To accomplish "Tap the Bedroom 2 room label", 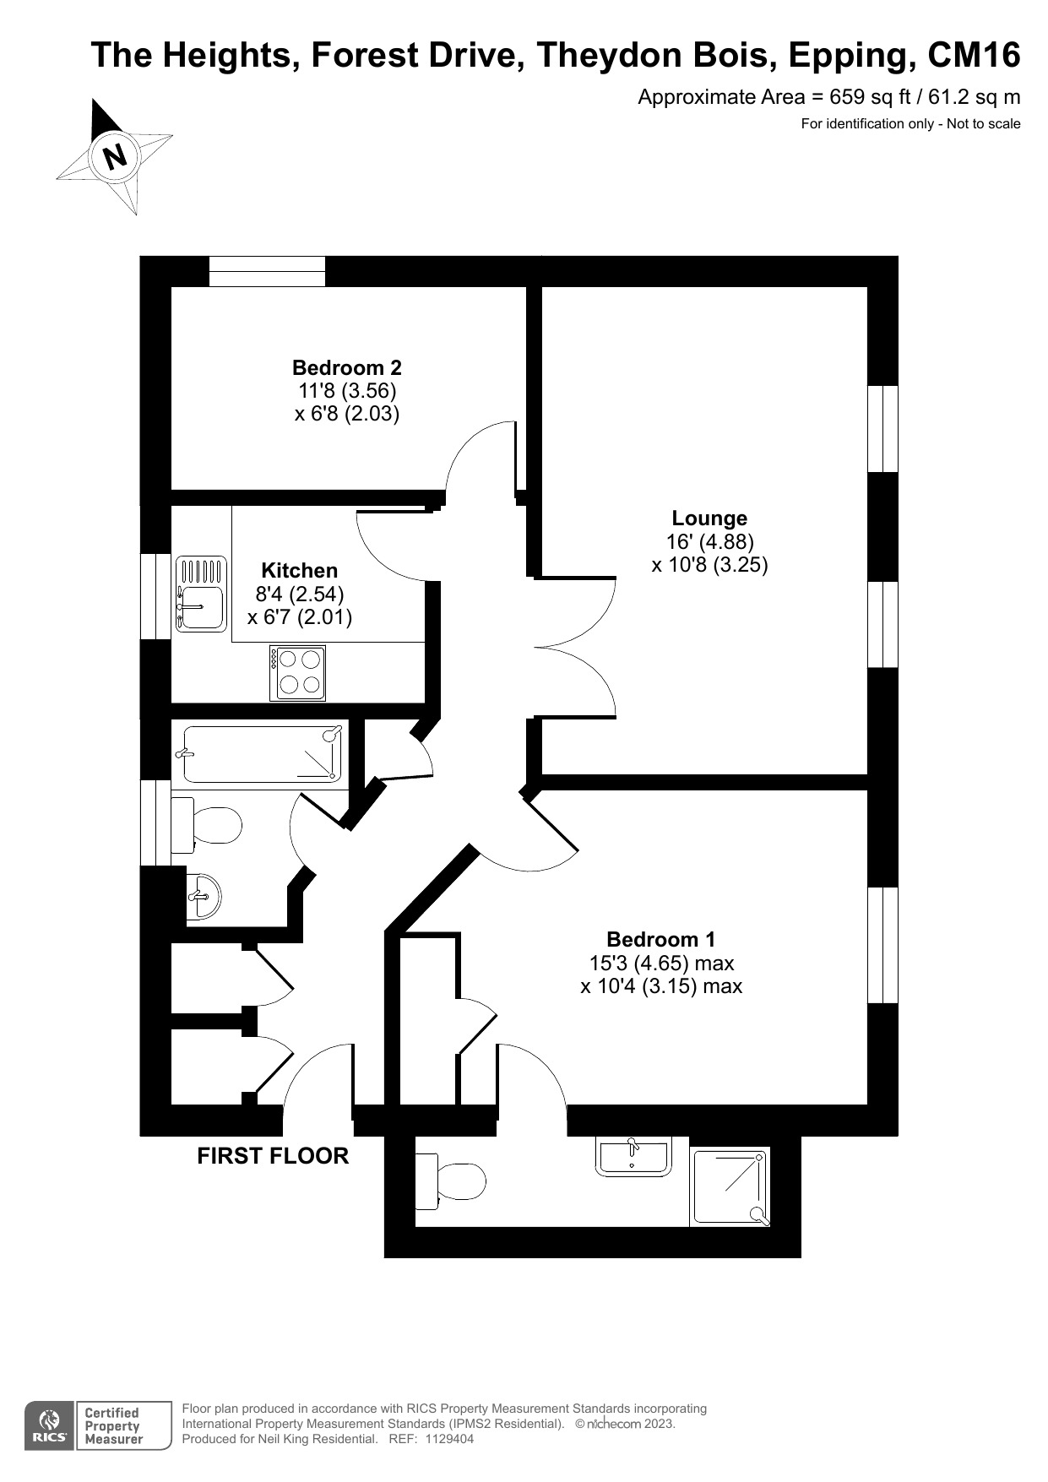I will [x=346, y=368].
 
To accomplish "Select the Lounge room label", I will [x=709, y=518].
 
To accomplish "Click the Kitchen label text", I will [x=299, y=571].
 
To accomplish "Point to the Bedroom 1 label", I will [x=660, y=939].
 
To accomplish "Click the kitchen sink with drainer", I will [x=200, y=594].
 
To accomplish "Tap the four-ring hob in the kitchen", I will [x=298, y=672].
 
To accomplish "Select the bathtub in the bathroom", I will [x=262, y=753].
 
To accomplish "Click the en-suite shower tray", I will [x=730, y=1186].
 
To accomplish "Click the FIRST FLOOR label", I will [x=273, y=1156].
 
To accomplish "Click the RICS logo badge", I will [x=48, y=1426].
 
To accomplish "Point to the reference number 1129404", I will [x=448, y=1439].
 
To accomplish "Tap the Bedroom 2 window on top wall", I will [x=267, y=271].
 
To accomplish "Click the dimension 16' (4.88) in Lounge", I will [x=709, y=541].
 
